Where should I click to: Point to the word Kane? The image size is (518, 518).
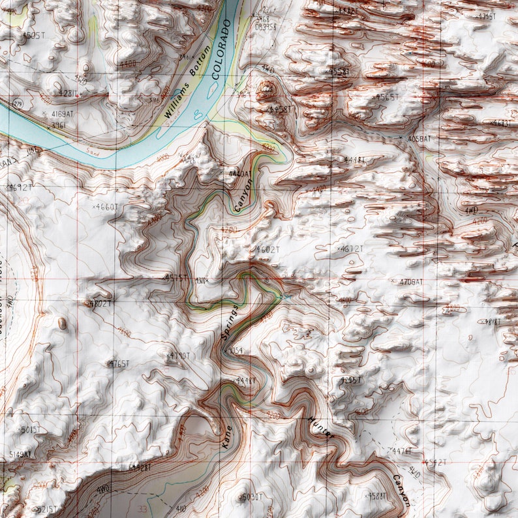(226, 436)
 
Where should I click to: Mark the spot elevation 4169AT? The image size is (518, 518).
(63, 114)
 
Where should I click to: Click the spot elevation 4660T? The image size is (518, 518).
(108, 207)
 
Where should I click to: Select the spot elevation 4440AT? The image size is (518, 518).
(239, 174)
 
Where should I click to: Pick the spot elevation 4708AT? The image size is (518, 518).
(410, 281)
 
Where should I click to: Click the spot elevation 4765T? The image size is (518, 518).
(119, 363)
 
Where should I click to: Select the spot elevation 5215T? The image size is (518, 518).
(45, 509)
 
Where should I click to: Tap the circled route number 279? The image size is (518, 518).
(16, 104)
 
